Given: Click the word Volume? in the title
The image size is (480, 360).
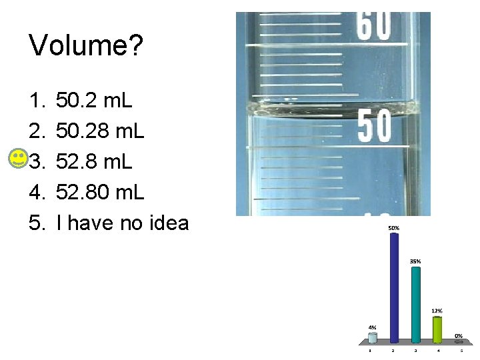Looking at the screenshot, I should coord(86,47).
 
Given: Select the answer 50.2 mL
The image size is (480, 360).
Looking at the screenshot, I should coord(95,101).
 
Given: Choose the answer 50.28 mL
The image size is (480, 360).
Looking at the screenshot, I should coord(100,131).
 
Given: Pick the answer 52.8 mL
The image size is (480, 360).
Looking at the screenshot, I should coord(95,162).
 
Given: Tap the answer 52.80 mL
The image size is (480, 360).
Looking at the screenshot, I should coord(100,193).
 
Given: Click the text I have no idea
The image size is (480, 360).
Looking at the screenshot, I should coord(123,223).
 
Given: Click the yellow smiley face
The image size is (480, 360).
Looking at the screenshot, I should coord(19,159).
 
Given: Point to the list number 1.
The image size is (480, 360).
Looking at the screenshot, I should coord(36,101).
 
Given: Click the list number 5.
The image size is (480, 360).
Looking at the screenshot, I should coord(36,223).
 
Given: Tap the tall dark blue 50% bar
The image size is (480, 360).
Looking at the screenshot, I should coord(394,287).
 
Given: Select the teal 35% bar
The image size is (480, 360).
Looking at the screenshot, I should coord(415,303).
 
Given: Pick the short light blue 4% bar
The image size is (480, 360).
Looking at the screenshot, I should coord(373,337).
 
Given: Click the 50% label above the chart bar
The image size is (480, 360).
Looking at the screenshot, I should coord(394,228).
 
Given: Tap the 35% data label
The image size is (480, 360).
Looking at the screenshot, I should coord(415,261).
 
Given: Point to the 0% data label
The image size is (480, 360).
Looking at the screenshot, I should coord(459,335).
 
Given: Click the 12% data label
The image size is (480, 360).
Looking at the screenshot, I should coord(437,311).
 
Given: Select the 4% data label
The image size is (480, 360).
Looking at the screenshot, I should coord(373,327).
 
